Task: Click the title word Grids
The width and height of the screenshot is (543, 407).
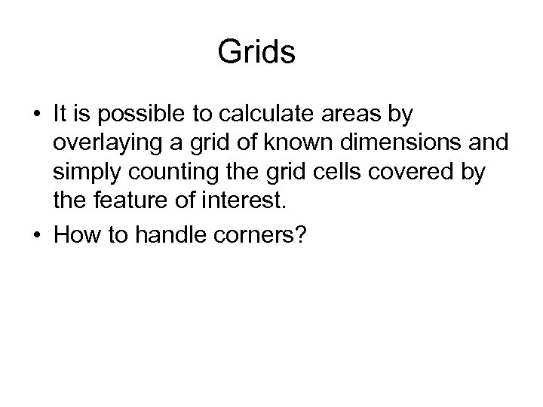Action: click(x=256, y=54)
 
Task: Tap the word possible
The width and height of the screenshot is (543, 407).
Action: click(x=133, y=115)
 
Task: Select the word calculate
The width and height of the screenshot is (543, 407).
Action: click(x=232, y=115)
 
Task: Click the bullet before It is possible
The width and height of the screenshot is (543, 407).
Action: click(x=37, y=116)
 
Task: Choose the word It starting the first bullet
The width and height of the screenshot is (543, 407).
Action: click(x=60, y=115)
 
